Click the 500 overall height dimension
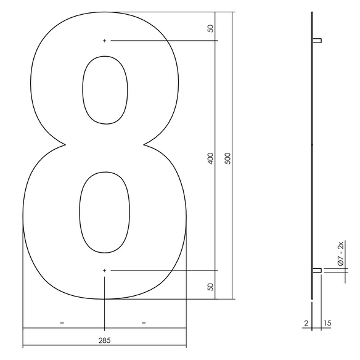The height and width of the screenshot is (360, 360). [x=227, y=158]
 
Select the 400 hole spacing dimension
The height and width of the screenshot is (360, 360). [x=211, y=158]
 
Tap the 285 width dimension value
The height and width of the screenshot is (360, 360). [x=104, y=340]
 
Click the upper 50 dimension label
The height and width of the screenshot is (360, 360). [x=210, y=28]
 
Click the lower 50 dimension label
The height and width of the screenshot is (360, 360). [x=210, y=287]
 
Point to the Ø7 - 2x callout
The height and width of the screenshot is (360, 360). [x=341, y=253]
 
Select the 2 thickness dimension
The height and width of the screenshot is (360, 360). [x=306, y=323]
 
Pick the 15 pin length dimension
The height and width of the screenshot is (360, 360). [x=327, y=323]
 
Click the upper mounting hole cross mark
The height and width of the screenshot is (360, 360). [x=104, y=41]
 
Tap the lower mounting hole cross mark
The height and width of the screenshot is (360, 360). [x=104, y=271]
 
